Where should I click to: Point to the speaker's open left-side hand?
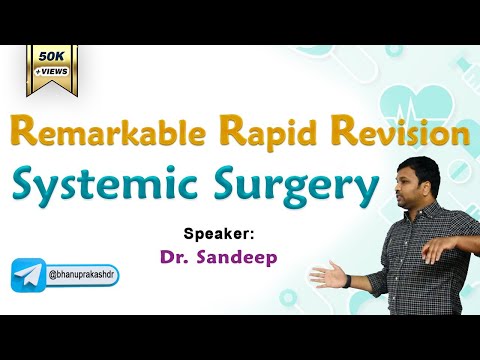coord(326,275)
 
